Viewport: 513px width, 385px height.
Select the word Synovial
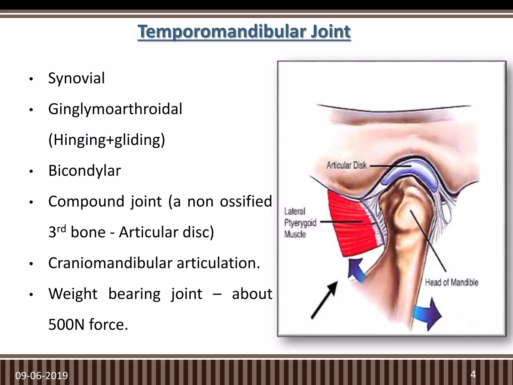click(x=76, y=78)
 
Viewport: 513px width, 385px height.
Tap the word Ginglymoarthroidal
click(x=115, y=109)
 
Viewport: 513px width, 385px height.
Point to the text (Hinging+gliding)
click(x=107, y=140)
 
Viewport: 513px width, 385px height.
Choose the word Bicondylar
click(x=85, y=171)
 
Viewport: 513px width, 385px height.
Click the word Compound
click(x=86, y=202)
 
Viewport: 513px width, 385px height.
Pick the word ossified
click(x=246, y=202)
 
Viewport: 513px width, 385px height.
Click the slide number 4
click(x=473, y=374)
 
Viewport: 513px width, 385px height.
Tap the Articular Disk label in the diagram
click(x=346, y=165)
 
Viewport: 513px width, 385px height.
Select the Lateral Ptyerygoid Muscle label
click(x=300, y=223)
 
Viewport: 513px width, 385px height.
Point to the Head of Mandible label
click(x=451, y=282)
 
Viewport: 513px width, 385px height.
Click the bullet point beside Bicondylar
click(x=31, y=172)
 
